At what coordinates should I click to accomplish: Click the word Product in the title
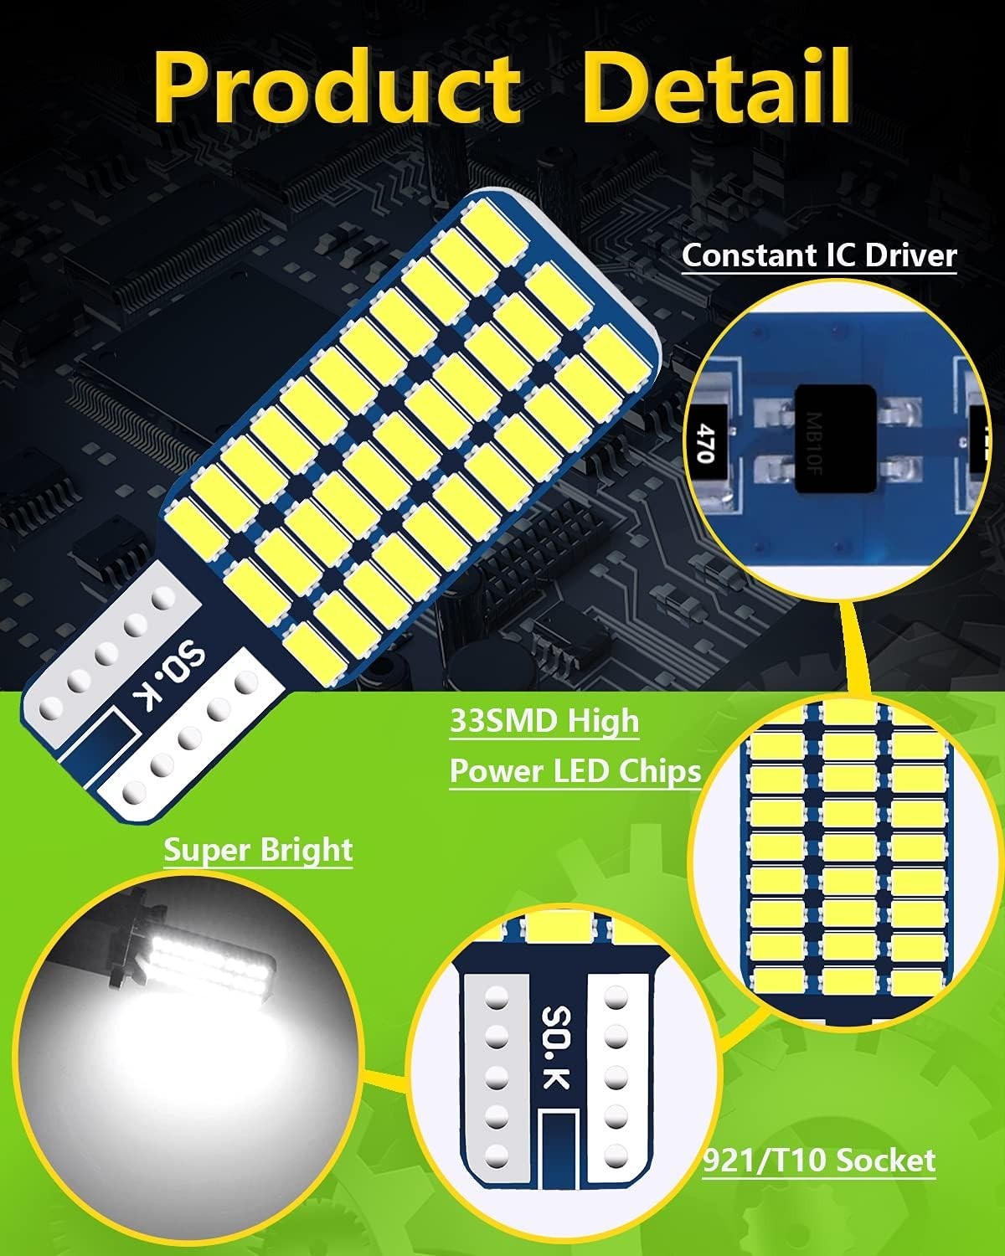pyautogui.click(x=338, y=88)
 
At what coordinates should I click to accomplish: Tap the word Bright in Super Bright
pyautogui.click(x=306, y=851)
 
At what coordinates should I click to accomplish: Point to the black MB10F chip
pyautogui.click(x=836, y=438)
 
